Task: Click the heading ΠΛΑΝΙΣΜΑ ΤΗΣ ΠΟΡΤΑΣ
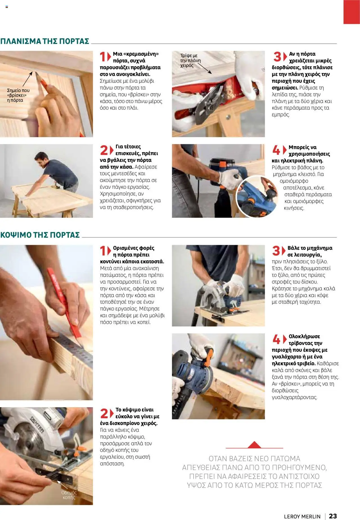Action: click(x=45, y=41)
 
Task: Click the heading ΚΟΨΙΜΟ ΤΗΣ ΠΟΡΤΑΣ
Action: click(x=40, y=235)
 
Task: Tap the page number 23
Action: click(x=333, y=516)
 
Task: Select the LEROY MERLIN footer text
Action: click(x=302, y=516)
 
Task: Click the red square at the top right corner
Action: click(x=351, y=12)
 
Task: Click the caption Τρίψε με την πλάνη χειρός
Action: click(x=190, y=60)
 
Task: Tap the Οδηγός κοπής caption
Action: click(x=69, y=495)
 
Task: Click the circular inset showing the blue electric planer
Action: click(x=256, y=196)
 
